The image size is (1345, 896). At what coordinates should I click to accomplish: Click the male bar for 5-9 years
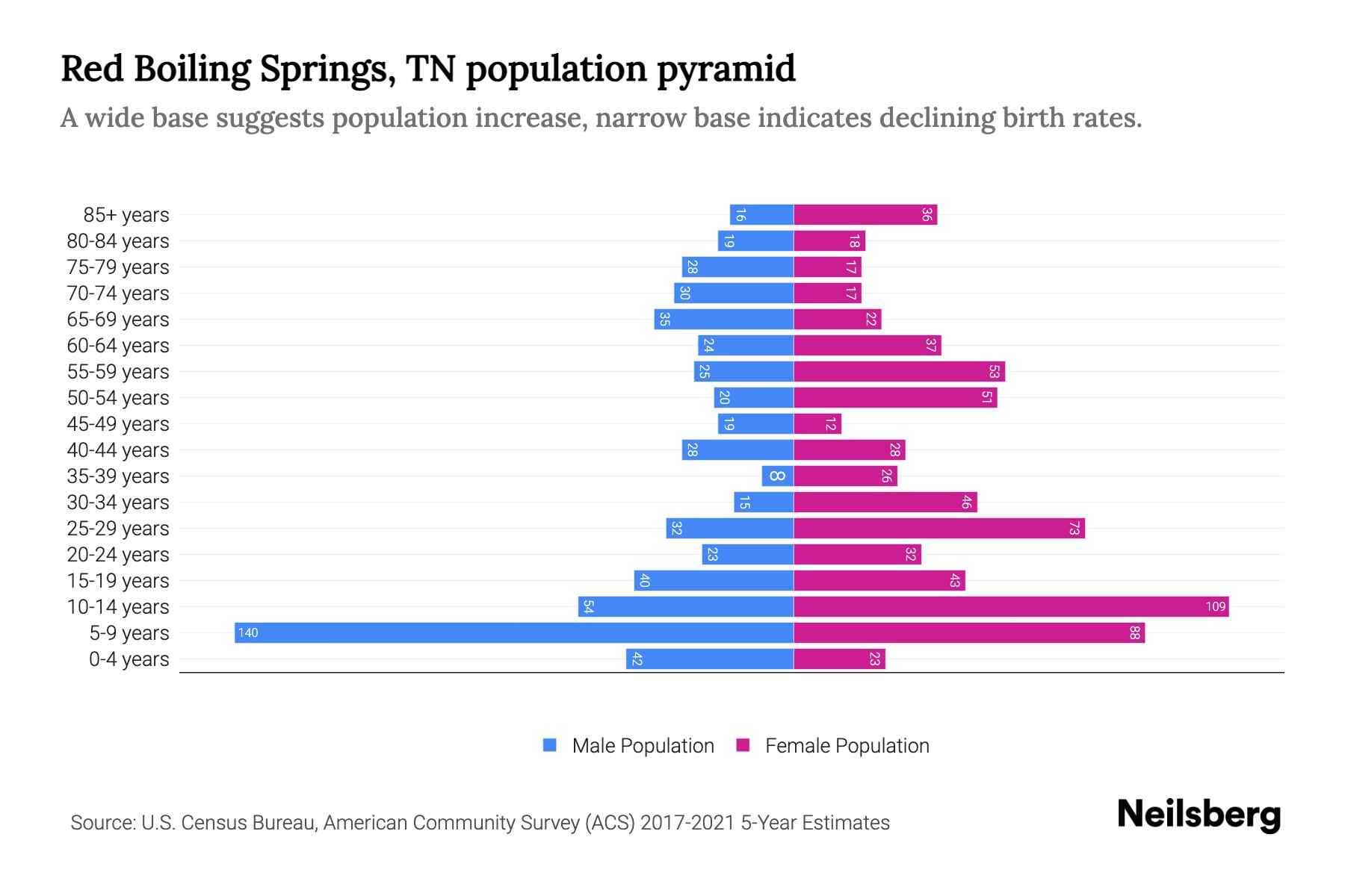pos(514,633)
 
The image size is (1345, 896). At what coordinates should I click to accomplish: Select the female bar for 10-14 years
pos(1010,607)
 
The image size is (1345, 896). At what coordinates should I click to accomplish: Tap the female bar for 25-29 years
pos(939,529)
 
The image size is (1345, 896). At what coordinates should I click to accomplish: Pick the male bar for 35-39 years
pos(778,476)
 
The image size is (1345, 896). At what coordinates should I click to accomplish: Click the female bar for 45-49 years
pos(817,424)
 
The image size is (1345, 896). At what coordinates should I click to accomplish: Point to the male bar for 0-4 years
pos(710,659)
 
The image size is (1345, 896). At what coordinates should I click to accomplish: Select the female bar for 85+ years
pos(865,215)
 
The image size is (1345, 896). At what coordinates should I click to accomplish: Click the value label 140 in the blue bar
pos(248,633)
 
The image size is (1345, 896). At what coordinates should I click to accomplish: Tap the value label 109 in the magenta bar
pos(1215,607)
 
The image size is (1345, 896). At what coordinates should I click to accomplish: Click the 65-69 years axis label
pos(118,320)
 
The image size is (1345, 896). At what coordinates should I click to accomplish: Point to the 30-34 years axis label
pos(118,503)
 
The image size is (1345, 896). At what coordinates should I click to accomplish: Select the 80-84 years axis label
pos(118,241)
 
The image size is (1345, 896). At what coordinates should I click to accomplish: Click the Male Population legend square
pos(550,745)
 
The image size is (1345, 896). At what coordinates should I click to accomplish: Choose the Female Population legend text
pos(847,746)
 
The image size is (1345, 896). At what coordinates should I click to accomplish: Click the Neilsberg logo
pos(1199,815)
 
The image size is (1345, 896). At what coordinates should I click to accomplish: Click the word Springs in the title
pos(327,69)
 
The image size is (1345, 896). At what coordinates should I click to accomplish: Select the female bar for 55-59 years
pos(899,372)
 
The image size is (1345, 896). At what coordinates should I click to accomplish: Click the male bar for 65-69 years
pos(723,320)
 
